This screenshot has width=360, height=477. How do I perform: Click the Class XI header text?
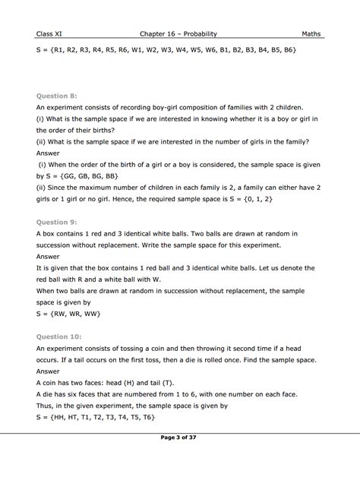(x=49, y=33)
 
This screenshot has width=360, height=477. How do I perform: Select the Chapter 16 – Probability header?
(x=179, y=33)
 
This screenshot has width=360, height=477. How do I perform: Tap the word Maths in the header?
(x=312, y=33)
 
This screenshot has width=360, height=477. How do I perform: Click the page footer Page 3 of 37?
(x=179, y=459)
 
